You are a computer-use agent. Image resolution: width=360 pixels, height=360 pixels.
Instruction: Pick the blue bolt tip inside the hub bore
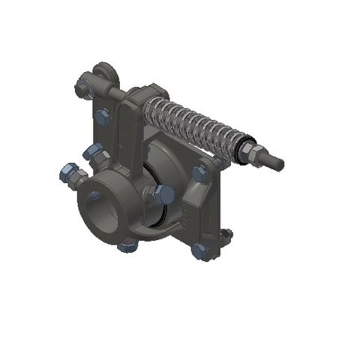click(95, 196)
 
